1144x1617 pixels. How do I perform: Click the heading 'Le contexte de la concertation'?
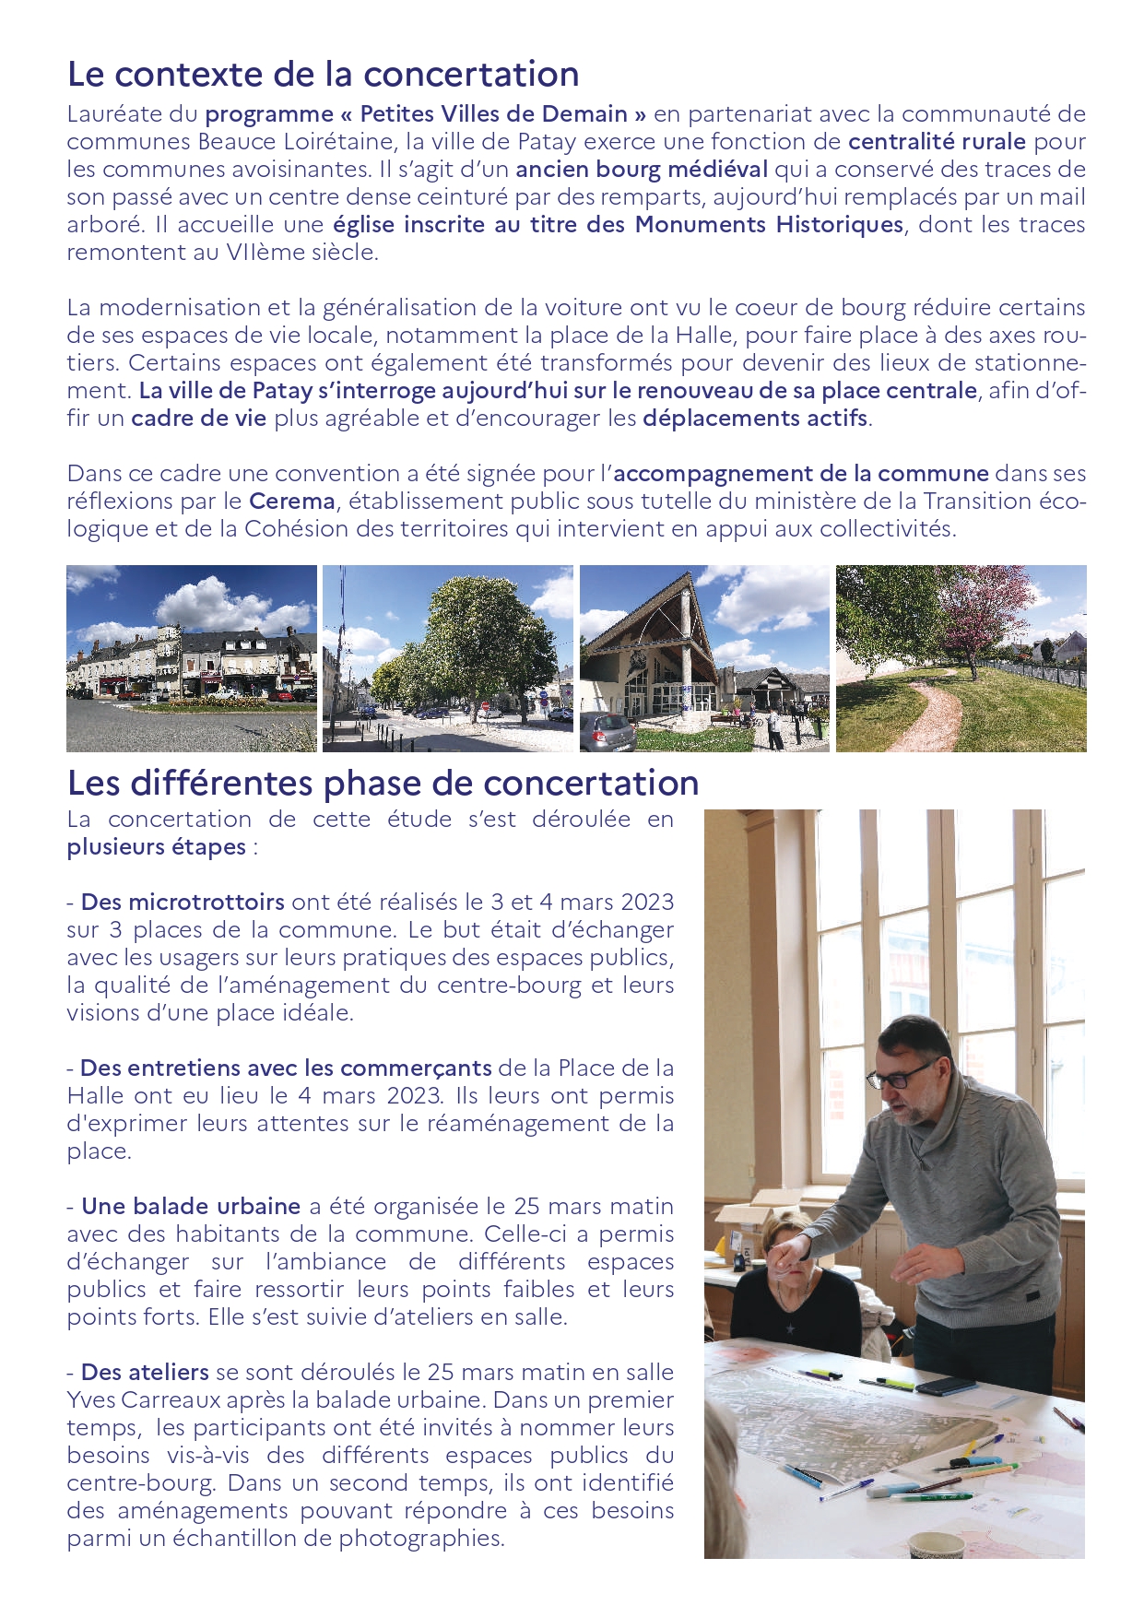coord(323,75)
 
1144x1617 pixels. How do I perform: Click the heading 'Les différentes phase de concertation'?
coord(383,783)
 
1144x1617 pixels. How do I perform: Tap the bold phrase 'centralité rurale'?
coord(937,142)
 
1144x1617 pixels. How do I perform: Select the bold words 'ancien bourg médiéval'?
coord(641,170)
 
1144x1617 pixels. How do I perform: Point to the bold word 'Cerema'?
coord(292,502)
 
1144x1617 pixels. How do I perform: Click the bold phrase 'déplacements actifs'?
coord(755,419)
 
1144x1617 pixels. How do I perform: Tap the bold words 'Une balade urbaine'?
coord(191,1206)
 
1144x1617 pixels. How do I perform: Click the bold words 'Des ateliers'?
coord(145,1372)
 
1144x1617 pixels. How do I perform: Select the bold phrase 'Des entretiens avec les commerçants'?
coord(286,1068)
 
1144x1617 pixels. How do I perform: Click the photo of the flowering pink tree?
coord(961,658)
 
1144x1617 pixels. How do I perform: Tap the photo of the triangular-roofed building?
coord(704,658)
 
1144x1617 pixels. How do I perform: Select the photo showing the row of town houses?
coord(192,658)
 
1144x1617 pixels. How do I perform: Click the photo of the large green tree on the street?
coord(448,658)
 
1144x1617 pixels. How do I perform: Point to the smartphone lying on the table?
coord(945,1386)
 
